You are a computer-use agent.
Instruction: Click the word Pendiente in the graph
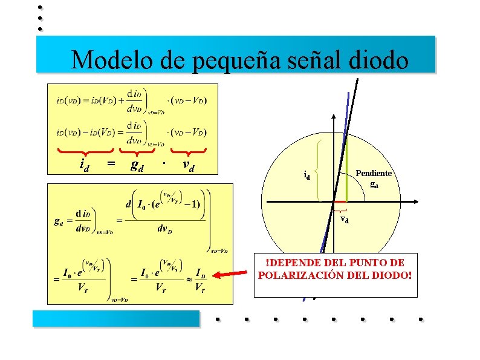click(374, 173)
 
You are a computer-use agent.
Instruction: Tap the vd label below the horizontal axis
click(344, 218)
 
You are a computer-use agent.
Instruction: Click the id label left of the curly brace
click(306, 176)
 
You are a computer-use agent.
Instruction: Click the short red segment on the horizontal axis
click(340, 201)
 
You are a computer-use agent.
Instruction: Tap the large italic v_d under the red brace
click(188, 165)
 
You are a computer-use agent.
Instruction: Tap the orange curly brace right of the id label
click(318, 169)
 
